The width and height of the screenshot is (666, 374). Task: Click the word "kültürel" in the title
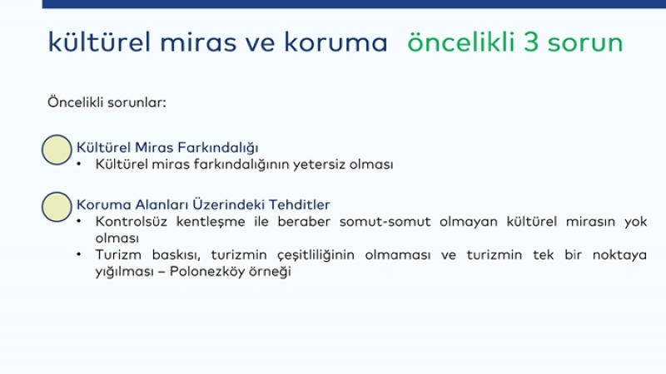click(x=99, y=42)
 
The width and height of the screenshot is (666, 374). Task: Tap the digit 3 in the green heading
click(x=530, y=42)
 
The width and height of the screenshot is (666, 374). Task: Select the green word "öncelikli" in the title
click(x=461, y=42)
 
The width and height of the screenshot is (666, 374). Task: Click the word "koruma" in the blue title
click(x=335, y=42)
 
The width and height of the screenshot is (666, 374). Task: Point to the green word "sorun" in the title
click(x=585, y=44)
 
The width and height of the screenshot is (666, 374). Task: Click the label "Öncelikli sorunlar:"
click(x=107, y=102)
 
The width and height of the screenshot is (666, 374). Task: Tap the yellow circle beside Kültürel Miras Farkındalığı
click(x=57, y=150)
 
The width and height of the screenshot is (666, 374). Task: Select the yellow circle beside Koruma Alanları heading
click(x=57, y=207)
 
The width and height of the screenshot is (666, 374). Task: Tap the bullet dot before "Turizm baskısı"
click(x=79, y=254)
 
